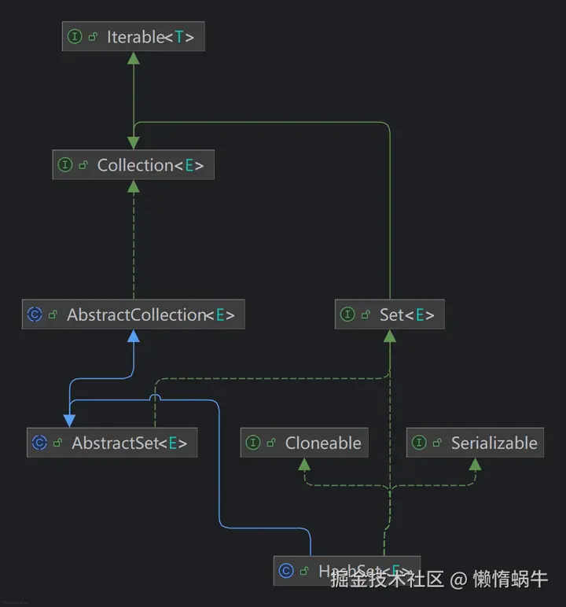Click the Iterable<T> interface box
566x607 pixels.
[x=133, y=37]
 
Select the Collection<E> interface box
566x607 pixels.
[x=133, y=165]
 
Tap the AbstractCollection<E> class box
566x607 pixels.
[x=133, y=315]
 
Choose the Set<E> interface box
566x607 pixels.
[x=389, y=315]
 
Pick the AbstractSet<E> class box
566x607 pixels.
[x=111, y=443]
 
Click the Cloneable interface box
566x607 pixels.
[x=304, y=443]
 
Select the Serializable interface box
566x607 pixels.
[x=476, y=443]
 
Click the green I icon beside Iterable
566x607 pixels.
[x=75, y=37]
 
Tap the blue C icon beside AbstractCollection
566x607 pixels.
[x=35, y=315]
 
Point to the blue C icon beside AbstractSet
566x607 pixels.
[x=39, y=443]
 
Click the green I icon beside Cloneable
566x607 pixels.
[x=253, y=443]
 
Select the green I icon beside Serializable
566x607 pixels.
[x=419, y=443]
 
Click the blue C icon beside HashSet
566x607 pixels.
[x=286, y=570]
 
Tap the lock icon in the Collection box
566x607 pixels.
[x=83, y=165]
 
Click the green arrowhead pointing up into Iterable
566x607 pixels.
[x=134, y=59]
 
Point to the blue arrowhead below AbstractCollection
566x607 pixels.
[x=134, y=336]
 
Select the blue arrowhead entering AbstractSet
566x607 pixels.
[x=69, y=421]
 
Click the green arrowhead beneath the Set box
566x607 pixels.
[x=389, y=336]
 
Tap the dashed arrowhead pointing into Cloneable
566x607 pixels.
[x=304, y=464]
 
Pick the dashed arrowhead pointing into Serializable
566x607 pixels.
[x=475, y=464]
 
